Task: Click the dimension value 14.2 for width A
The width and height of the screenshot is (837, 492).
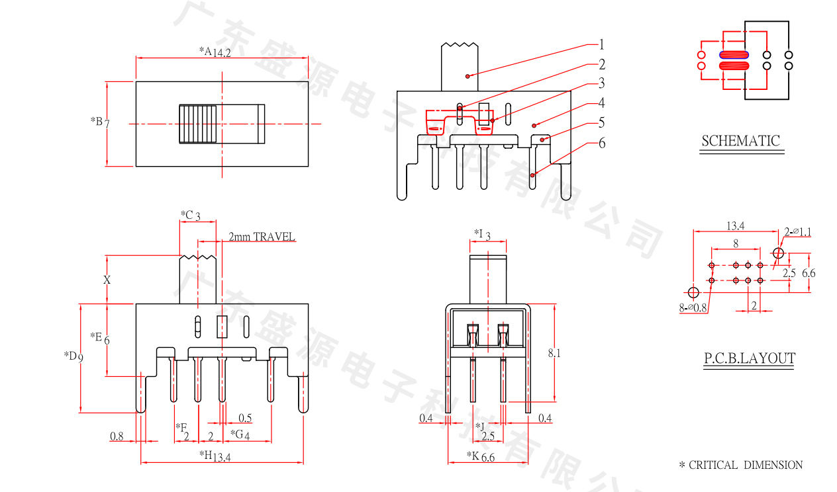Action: click(x=222, y=52)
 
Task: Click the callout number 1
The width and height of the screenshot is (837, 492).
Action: click(x=601, y=45)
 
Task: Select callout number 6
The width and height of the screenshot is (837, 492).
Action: click(x=601, y=143)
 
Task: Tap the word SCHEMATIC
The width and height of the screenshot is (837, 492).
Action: click(x=741, y=141)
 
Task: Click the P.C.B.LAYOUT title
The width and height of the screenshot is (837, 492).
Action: click(x=749, y=359)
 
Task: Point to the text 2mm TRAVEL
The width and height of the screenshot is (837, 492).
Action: click(x=262, y=237)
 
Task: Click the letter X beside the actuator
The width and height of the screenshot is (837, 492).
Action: click(x=107, y=280)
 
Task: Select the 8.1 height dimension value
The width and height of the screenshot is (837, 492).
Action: click(x=554, y=354)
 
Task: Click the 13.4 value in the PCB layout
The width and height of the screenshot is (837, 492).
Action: click(x=735, y=226)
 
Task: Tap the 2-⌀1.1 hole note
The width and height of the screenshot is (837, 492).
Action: click(x=797, y=231)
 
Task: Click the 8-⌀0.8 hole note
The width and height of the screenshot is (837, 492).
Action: click(x=693, y=307)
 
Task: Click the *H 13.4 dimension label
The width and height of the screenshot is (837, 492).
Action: click(x=215, y=456)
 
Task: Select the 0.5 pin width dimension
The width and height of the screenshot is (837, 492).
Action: click(x=245, y=418)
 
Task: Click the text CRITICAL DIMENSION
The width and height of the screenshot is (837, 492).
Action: click(x=746, y=466)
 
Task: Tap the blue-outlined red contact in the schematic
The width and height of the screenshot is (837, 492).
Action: click(x=734, y=55)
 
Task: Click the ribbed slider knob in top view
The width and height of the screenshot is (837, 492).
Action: click(x=197, y=124)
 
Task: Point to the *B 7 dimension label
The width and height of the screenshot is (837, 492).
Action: click(x=100, y=122)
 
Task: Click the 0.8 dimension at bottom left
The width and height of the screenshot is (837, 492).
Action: click(x=117, y=436)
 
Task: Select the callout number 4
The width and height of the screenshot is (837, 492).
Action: click(x=601, y=103)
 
